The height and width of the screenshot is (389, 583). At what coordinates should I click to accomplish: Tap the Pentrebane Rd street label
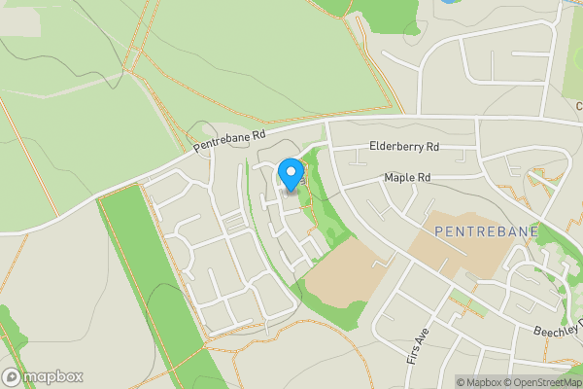point(229,141)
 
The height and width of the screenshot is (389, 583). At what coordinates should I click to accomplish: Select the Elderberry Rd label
point(404,147)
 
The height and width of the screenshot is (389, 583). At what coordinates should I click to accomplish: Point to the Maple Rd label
point(407,178)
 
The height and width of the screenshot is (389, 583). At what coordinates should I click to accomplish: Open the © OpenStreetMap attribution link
point(541,382)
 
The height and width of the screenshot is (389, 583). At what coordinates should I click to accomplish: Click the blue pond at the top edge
point(449,2)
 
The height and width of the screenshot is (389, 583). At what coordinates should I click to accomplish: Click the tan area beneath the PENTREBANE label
point(457,255)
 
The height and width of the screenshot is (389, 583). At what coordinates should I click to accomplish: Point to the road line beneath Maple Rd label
point(408,189)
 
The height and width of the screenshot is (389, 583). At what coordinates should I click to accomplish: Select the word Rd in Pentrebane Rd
point(257,133)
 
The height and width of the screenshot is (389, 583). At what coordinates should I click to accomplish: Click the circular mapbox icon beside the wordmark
point(12,376)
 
